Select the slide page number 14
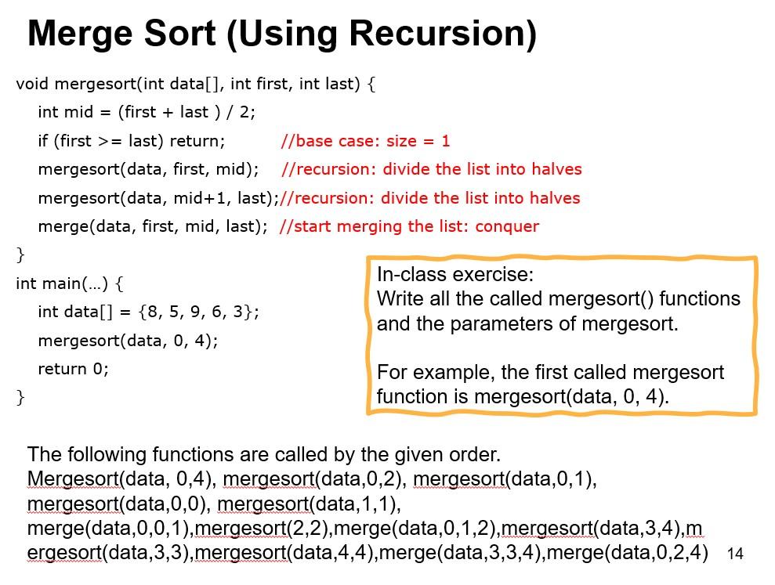point(735,554)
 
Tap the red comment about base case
point(365,141)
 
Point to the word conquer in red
point(507,226)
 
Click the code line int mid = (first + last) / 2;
point(147,113)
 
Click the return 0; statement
point(73,369)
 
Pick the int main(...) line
point(70,283)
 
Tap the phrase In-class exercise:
point(455,274)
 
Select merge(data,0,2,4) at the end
point(628,552)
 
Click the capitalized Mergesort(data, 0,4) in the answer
point(122,479)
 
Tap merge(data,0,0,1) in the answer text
point(109,529)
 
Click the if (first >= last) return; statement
point(132,141)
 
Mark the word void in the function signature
point(32,84)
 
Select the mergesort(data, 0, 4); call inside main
point(128,341)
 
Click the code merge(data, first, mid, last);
point(153,227)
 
